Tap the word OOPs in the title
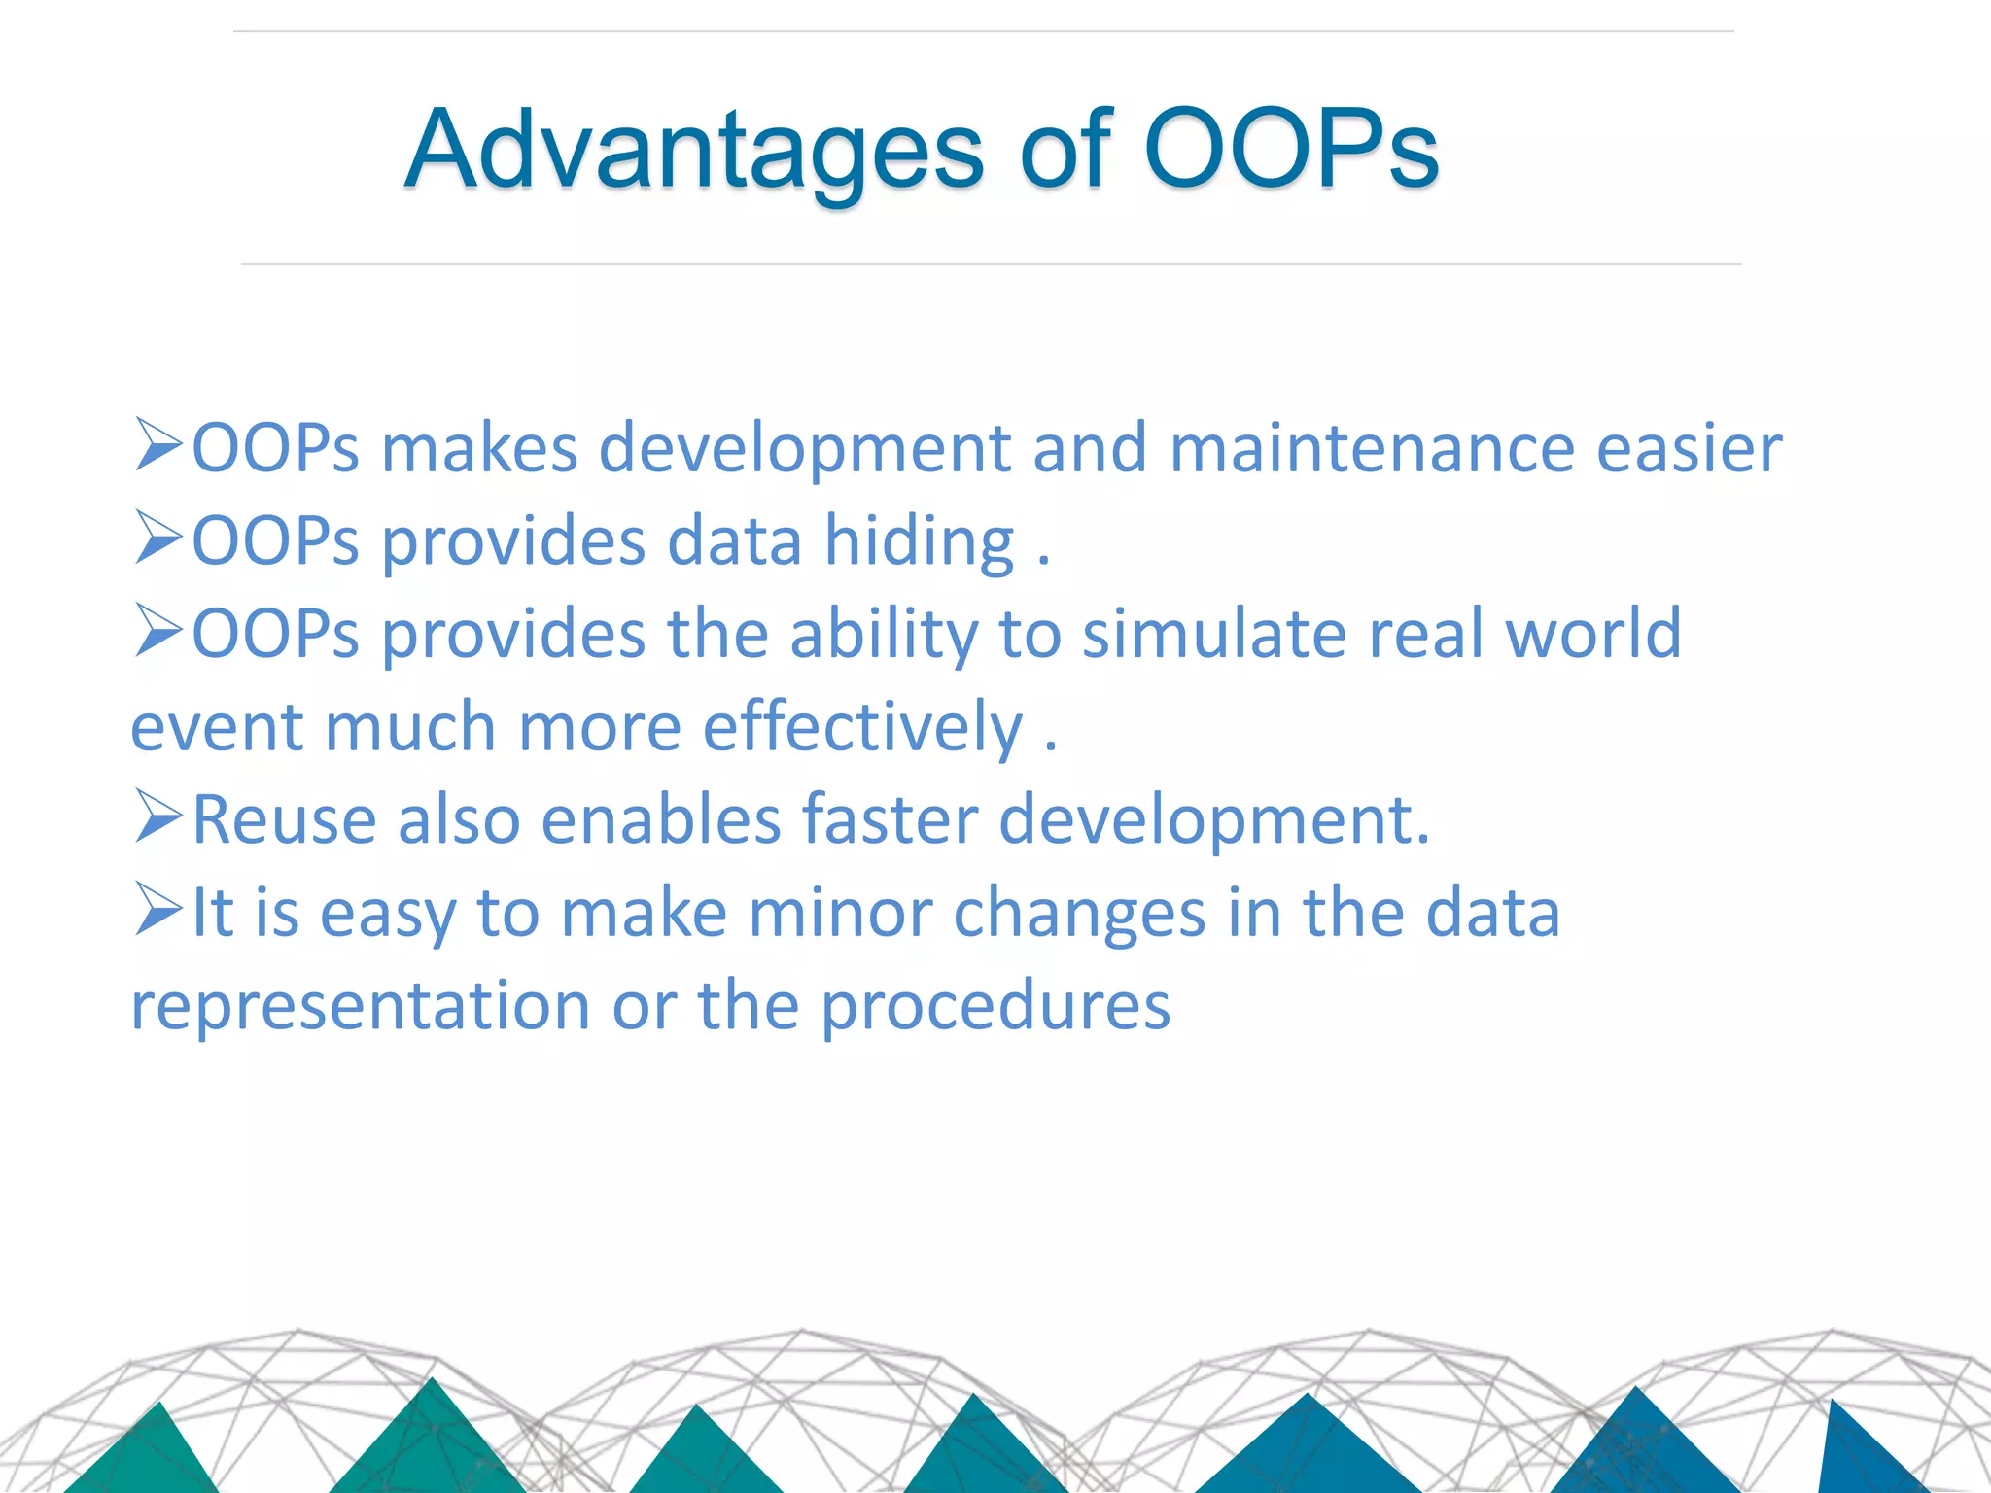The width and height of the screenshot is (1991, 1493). [x=1291, y=149]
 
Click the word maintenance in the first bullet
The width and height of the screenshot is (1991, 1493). [x=1371, y=449]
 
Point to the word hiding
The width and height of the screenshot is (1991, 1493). [x=919, y=542]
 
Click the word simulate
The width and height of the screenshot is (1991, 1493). [x=1213, y=634]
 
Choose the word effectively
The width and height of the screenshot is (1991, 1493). [x=862, y=728]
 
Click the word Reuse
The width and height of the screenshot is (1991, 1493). [x=284, y=820]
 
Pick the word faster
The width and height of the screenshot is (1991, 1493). [x=890, y=820]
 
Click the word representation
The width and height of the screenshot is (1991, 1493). [x=360, y=1007]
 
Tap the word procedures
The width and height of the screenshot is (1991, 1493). [x=995, y=1007]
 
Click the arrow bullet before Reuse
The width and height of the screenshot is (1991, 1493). [x=158, y=816]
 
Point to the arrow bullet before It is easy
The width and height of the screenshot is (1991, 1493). [x=158, y=909]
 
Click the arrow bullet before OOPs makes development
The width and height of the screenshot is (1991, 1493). [x=158, y=444]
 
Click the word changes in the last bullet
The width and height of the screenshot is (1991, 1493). [x=1079, y=914]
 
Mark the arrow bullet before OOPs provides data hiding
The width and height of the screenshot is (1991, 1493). [x=158, y=538]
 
